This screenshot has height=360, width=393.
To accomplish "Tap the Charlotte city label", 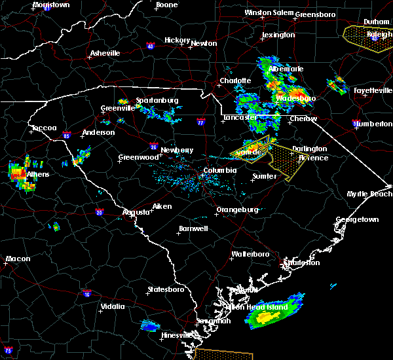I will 235,81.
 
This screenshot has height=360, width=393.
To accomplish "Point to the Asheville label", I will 105,53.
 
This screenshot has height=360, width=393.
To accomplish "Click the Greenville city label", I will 118,109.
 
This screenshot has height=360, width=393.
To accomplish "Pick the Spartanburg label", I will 157,100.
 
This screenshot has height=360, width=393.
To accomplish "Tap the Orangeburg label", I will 236,209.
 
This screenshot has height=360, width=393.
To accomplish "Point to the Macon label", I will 18,259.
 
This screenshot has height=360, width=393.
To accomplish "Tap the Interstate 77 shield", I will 200,122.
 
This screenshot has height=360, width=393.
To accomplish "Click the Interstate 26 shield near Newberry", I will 152,147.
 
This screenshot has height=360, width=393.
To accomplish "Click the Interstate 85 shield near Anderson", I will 67,134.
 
